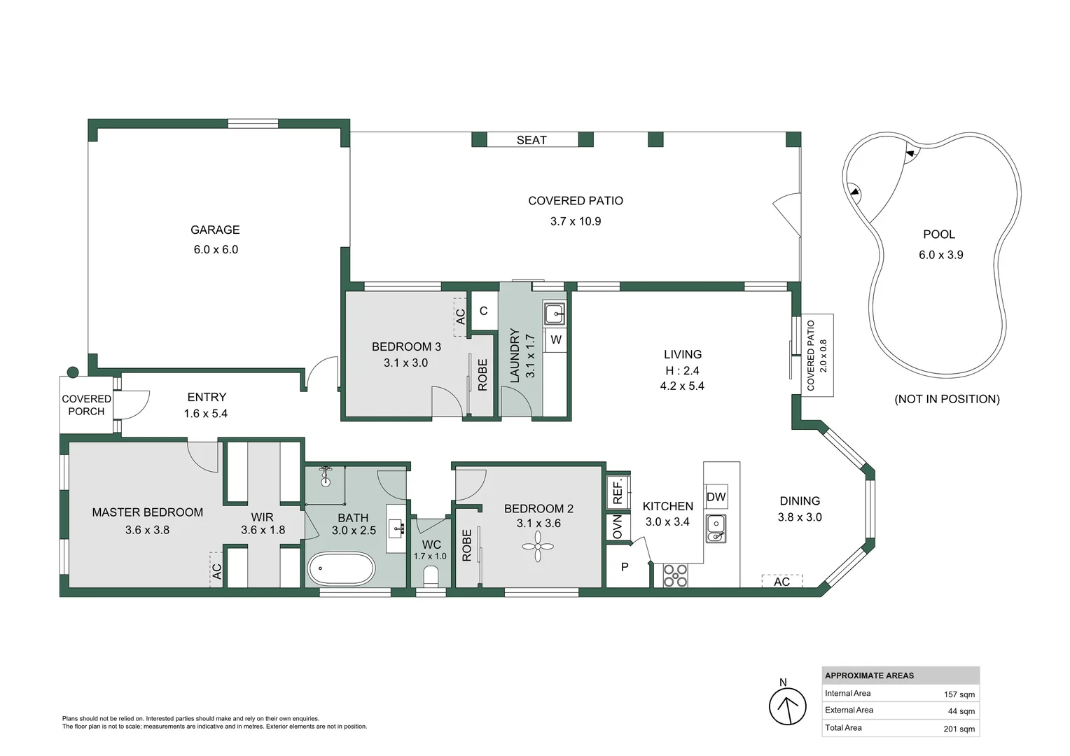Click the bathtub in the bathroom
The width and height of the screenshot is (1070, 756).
(x=342, y=568)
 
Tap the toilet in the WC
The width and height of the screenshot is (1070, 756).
(x=431, y=576)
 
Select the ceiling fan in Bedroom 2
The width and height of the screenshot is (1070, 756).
(x=538, y=547)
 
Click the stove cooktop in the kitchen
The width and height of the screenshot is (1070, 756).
(x=675, y=575)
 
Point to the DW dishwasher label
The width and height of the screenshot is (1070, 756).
(x=716, y=497)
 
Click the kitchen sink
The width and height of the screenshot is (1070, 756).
(x=716, y=528)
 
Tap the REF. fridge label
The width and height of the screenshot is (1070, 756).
(x=618, y=491)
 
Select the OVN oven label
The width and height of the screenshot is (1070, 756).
(x=617, y=527)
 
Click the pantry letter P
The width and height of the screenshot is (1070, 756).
(x=625, y=567)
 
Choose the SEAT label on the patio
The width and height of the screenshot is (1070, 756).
(x=531, y=140)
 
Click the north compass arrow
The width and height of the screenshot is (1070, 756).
(x=788, y=706)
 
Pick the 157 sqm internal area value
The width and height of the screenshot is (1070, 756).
(x=959, y=694)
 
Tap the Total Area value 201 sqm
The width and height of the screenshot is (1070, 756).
(x=959, y=729)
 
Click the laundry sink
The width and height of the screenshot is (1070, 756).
(x=555, y=314)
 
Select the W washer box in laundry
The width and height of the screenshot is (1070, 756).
(x=556, y=340)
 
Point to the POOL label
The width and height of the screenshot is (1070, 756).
(x=938, y=234)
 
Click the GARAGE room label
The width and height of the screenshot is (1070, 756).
(x=215, y=230)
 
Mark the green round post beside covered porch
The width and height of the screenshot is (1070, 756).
(x=73, y=372)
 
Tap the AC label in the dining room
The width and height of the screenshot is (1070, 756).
(x=781, y=582)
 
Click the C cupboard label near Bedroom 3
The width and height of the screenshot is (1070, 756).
(x=483, y=311)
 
